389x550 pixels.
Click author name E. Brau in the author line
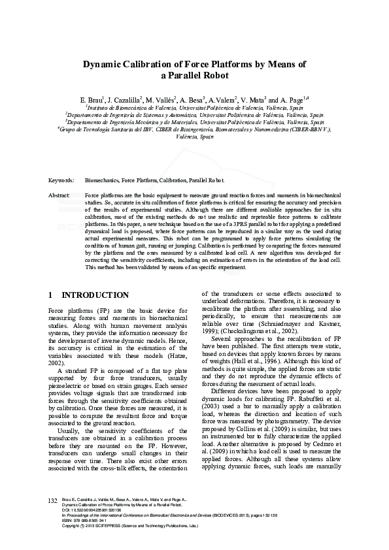(90, 99)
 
